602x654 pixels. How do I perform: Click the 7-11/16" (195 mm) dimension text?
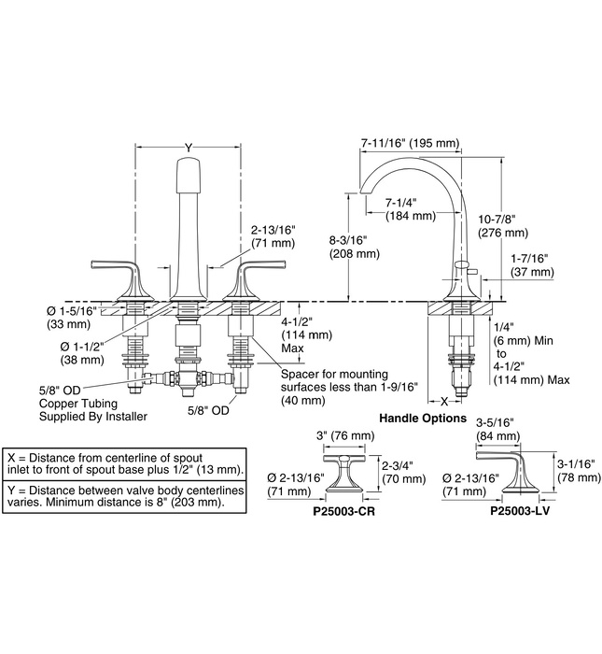click(409, 143)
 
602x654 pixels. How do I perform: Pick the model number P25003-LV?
click(521, 512)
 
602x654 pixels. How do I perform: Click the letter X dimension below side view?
click(442, 399)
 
